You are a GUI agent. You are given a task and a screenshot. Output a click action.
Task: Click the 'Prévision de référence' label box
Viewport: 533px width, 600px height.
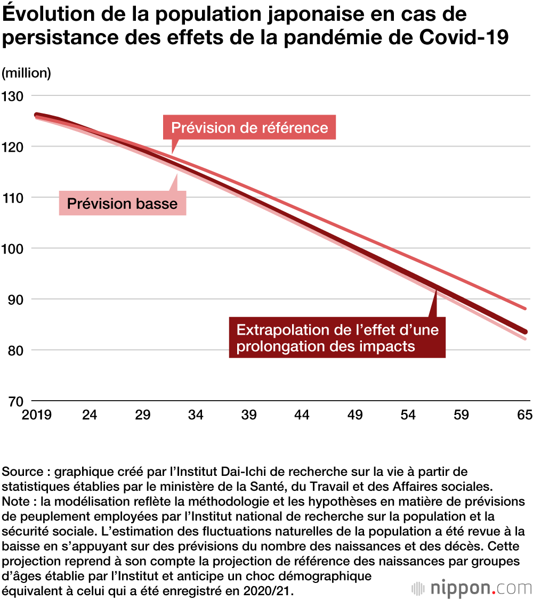[x=249, y=128]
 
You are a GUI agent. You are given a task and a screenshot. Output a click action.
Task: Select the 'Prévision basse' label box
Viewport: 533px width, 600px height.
[x=122, y=203]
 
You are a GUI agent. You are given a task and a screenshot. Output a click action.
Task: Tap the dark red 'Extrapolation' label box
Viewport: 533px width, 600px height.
[x=337, y=338]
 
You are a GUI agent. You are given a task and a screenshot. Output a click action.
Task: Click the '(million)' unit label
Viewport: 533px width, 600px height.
[x=27, y=73]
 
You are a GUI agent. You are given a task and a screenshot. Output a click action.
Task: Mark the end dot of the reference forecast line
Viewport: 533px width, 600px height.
[x=525, y=309]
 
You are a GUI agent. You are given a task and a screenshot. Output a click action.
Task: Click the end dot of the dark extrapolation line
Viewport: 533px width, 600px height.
[x=525, y=331]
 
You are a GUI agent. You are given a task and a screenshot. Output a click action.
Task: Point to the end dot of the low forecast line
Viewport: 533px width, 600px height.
[x=525, y=339]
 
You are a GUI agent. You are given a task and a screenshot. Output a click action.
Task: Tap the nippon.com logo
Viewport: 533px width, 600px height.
[x=471, y=588]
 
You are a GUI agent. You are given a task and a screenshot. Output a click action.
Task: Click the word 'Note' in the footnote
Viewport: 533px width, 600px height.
[x=17, y=502]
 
